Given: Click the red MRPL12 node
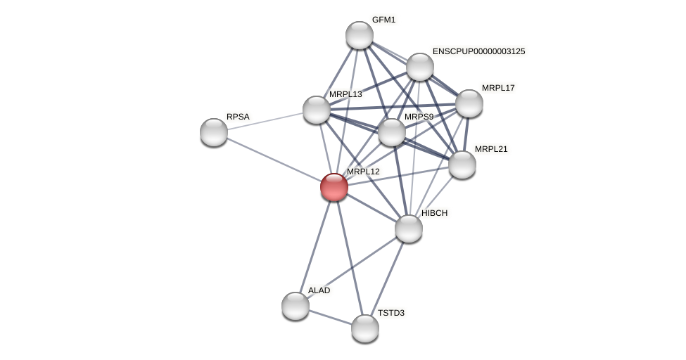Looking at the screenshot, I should tap(334, 187).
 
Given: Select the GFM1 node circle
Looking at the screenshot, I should tap(360, 35).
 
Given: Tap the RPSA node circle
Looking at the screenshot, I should tap(214, 132).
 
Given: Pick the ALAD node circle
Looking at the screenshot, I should tap(296, 306).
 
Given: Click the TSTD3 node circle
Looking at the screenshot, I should tap(365, 328).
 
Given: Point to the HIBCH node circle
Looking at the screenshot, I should tap(409, 229).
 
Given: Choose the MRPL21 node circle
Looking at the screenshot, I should tap(462, 165).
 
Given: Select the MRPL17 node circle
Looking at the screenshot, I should tap(469, 103).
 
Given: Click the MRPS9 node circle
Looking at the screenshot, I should tap(392, 132).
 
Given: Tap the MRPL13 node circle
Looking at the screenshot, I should tap(317, 110).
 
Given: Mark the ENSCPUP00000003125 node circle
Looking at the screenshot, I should tap(420, 67).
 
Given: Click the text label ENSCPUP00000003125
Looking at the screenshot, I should tap(478, 51).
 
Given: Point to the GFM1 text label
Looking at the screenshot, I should tap(383, 20).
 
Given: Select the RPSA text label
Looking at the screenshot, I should tap(238, 117).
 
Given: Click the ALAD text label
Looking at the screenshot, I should tap(319, 290).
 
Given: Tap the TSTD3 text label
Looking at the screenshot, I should tap(390, 313).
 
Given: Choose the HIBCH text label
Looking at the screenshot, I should tap(434, 213).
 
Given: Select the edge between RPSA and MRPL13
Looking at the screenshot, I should tap(265, 121).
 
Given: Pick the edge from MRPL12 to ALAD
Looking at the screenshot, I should tap(315, 247).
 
